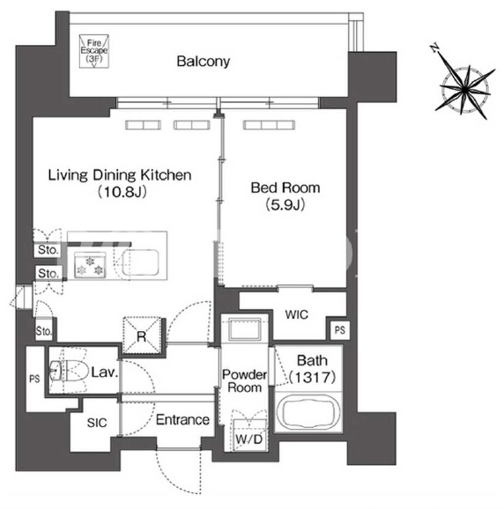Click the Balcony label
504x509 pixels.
pos(204,62)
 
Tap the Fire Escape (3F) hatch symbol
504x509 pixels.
pos(94,51)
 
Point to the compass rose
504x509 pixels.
pos(464,88)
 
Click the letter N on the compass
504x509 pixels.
pos(434,48)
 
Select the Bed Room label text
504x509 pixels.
pos(285,188)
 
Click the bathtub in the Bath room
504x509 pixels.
pos(308,412)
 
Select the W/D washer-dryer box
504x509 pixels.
pos(249,435)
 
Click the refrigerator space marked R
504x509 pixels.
pos(142,336)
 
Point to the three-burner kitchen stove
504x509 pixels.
pos(90,265)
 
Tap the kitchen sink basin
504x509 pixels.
pos(140,262)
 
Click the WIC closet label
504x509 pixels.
pos(296,314)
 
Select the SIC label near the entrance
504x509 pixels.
pos(97,423)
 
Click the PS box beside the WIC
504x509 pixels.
pos(340,330)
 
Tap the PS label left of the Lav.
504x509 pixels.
pos(34,379)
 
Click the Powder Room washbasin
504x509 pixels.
pos(245,328)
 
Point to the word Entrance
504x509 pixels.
pos(182,420)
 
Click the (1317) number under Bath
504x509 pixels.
pos(312,377)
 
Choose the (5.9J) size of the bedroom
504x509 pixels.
pos(285,205)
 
